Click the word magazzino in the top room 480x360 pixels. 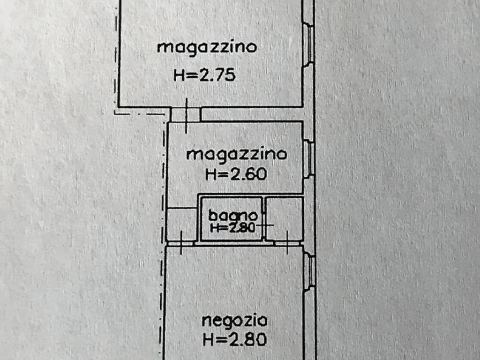pos(207,48)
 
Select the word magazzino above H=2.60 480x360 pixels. pos(236,155)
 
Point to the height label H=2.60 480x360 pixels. pos(236,174)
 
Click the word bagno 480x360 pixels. pos(233,216)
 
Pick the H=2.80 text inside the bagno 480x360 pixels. pos(232,228)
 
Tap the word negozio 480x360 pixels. pos(235,321)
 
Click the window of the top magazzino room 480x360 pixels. pos(309,43)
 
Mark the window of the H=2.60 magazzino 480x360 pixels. pos(309,158)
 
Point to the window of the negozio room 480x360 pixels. pos(309,271)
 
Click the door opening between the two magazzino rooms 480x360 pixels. pos(186,114)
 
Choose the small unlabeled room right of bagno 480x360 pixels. pos(284,218)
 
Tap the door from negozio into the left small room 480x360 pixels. pos(181,243)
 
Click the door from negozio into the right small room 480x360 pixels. pos(287,243)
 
